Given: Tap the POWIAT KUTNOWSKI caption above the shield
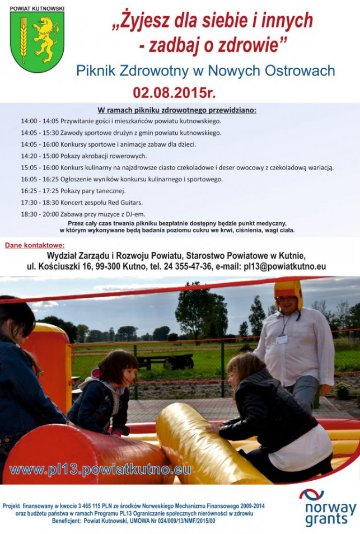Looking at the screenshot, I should (x=37, y=8).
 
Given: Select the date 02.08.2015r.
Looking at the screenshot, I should (x=174, y=92).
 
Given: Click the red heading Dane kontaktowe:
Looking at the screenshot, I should (x=35, y=245).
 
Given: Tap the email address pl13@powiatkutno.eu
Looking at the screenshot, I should (x=284, y=266).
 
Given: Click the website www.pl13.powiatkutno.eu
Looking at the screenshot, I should (x=100, y=469).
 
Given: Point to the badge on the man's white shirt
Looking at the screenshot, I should (x=282, y=339).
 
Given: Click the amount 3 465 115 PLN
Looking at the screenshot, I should (x=98, y=506).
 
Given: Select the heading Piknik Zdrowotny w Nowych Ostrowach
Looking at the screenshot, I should (x=205, y=71).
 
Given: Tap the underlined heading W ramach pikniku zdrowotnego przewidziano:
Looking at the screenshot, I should (x=177, y=110).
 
